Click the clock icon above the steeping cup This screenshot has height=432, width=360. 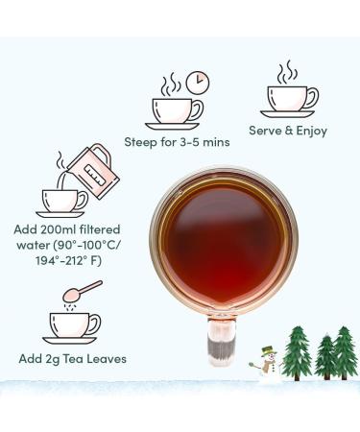click(x=198, y=83)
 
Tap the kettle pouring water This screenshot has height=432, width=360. click(x=93, y=171)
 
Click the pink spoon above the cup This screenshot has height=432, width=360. click(x=83, y=291)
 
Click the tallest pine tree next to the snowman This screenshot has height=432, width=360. click(x=297, y=353)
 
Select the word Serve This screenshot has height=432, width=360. click(x=265, y=131)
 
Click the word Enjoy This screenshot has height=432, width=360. click(x=311, y=132)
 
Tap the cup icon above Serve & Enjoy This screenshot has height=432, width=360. click(x=290, y=102)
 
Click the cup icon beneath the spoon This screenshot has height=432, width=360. click(x=71, y=328)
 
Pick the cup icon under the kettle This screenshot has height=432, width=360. click(x=61, y=204)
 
